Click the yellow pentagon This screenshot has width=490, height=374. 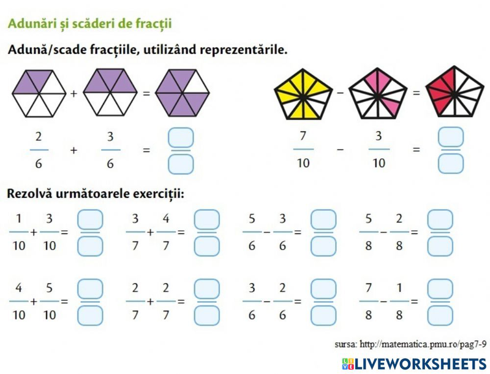click(303, 94)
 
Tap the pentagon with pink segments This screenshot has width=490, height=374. click(378, 94)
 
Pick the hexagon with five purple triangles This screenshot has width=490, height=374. click(183, 93)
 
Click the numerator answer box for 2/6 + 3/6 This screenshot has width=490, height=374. click(181, 137)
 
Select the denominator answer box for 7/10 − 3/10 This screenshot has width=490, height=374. click(451, 164)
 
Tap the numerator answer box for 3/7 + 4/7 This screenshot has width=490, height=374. click(206, 219)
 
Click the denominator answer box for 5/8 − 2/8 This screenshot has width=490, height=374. click(440, 246)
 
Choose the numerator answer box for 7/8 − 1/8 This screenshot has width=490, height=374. click(440, 289)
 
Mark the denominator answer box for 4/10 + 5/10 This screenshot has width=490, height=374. click(90, 316)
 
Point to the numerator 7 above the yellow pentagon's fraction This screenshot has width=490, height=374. click(303, 136)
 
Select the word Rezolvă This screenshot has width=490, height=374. click(29, 194)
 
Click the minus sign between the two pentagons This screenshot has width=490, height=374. click(341, 93)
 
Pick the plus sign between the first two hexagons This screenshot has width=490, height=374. click(73, 93)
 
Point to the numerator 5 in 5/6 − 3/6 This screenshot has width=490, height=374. click(252, 219)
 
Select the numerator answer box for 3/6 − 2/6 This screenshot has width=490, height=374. click(323, 289)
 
